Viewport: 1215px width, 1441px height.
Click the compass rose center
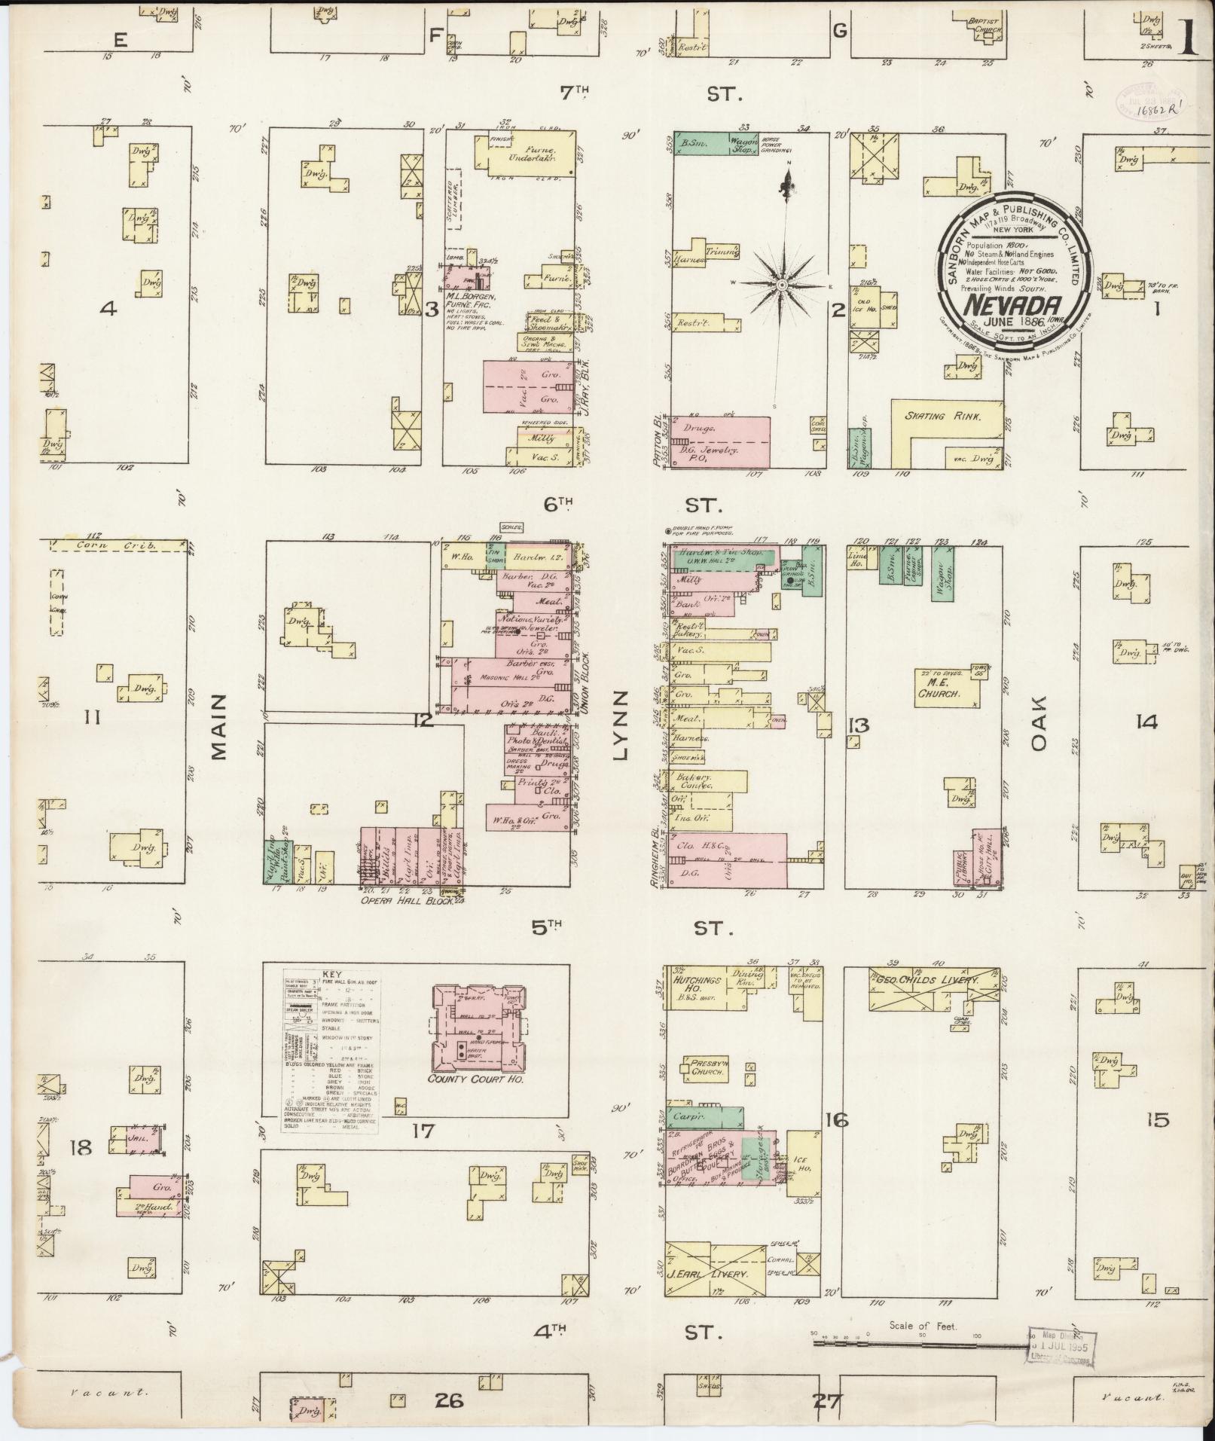coord(783,285)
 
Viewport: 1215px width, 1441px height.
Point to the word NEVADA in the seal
coord(1015,307)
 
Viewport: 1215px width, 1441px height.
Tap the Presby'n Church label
coord(707,1067)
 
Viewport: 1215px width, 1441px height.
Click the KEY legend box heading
coord(331,973)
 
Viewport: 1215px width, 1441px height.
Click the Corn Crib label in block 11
coord(121,545)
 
